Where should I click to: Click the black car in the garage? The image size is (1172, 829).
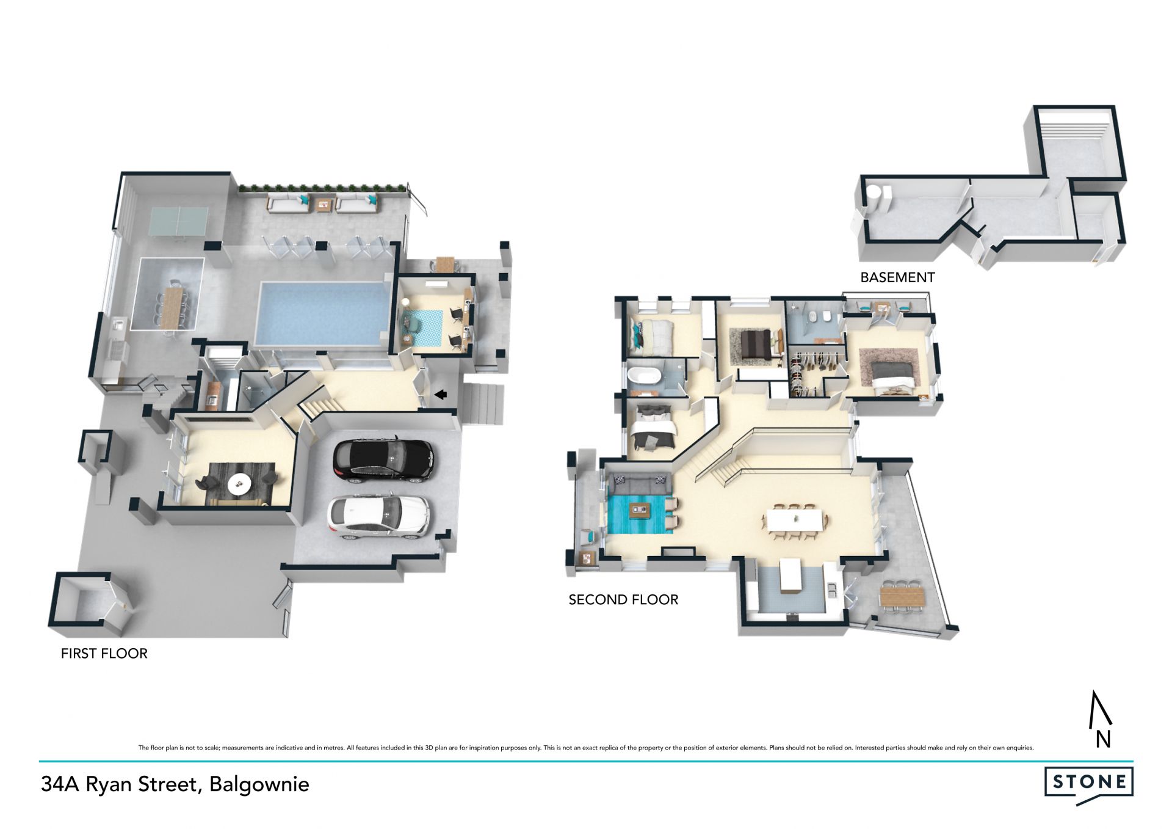[x=383, y=459]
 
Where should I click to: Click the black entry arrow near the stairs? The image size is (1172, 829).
[x=440, y=395]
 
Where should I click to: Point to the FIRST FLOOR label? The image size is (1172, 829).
[x=104, y=654]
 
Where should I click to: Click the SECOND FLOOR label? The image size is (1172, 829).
[x=623, y=600]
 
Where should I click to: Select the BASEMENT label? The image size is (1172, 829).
[x=897, y=277]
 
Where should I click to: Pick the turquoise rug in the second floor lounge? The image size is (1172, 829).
[x=639, y=514]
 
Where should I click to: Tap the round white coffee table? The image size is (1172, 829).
[x=239, y=484]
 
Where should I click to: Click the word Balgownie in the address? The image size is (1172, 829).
[x=259, y=784]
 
